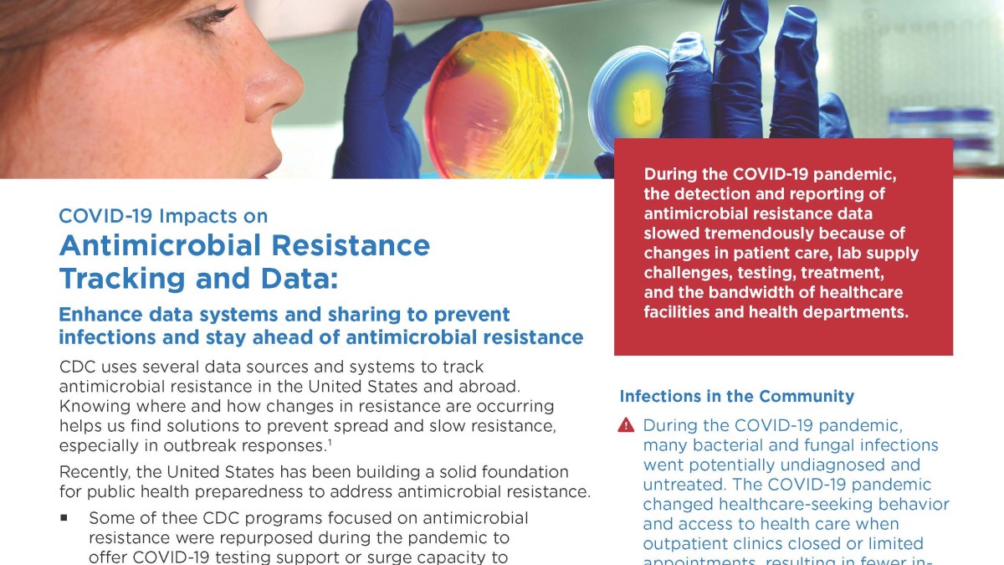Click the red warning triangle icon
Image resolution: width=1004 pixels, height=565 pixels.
[x=626, y=425]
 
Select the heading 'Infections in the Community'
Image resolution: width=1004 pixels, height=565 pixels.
[x=736, y=397]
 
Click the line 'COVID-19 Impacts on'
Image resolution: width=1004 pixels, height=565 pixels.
[x=163, y=216]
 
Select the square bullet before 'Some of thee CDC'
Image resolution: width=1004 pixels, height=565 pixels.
[x=64, y=518]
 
